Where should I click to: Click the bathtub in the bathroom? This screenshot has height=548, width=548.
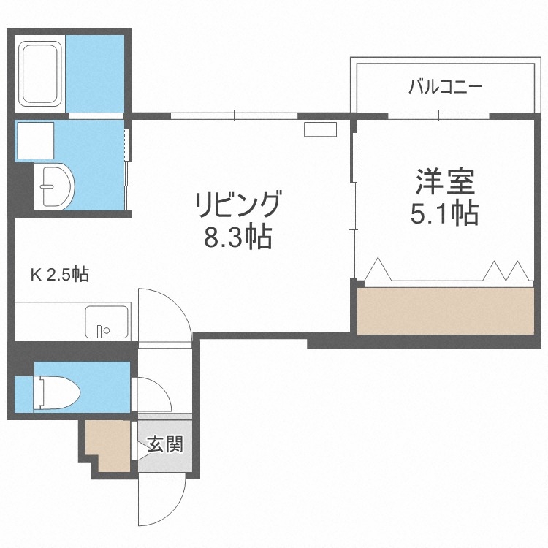[x=42, y=72]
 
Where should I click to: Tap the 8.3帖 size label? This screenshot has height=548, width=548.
[x=237, y=237]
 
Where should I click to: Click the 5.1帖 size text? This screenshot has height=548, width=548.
[x=445, y=213]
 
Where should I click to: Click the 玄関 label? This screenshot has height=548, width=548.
[x=164, y=444]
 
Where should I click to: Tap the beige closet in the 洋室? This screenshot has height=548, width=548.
[x=446, y=310]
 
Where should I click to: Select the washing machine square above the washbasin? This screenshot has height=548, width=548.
[x=35, y=140]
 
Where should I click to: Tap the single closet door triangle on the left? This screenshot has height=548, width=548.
[x=378, y=270]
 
